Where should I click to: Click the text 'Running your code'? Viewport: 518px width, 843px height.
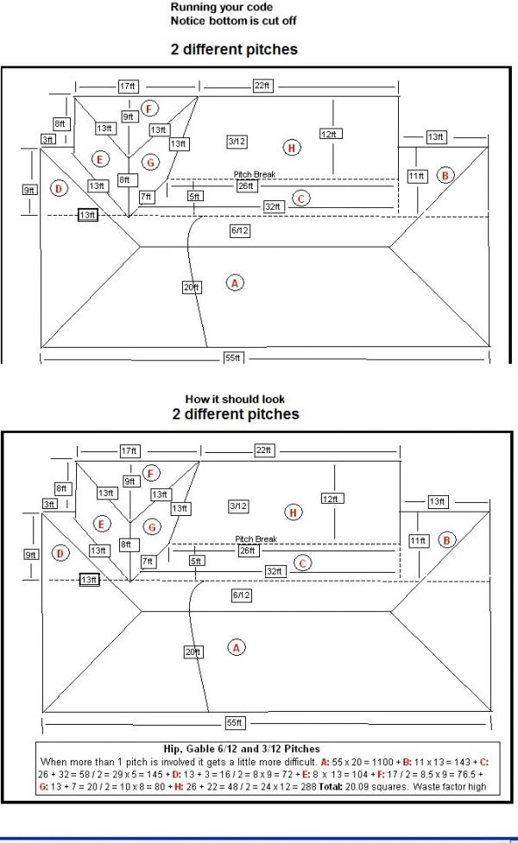[x=222, y=8]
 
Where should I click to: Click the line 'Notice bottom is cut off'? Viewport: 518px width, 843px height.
[x=233, y=21]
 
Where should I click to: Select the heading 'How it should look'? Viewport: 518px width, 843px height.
[x=235, y=399]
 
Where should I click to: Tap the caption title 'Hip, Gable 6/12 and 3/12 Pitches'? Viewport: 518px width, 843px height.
[x=242, y=748]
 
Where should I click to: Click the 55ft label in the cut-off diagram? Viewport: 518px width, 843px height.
[x=233, y=357]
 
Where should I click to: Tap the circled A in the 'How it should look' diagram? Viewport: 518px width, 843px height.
[x=237, y=648]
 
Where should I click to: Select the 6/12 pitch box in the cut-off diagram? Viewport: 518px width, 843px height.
[x=240, y=230]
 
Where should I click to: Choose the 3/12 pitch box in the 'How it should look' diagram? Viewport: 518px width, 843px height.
[x=238, y=506]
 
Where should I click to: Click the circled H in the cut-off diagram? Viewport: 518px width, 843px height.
[x=292, y=148]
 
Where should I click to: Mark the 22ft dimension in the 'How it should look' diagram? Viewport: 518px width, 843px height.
[x=263, y=450]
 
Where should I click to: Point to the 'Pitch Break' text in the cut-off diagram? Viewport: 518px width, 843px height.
[x=255, y=174]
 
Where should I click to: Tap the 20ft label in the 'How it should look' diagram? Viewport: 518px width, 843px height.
[x=193, y=652]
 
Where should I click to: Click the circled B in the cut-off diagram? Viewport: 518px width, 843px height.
[x=445, y=175]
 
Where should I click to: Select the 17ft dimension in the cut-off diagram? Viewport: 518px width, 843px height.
[x=128, y=86]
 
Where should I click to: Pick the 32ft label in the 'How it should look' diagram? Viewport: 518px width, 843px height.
[x=275, y=571]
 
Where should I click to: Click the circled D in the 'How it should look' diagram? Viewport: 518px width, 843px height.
[x=60, y=553]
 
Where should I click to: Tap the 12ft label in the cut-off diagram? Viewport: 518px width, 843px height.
[x=329, y=134]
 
